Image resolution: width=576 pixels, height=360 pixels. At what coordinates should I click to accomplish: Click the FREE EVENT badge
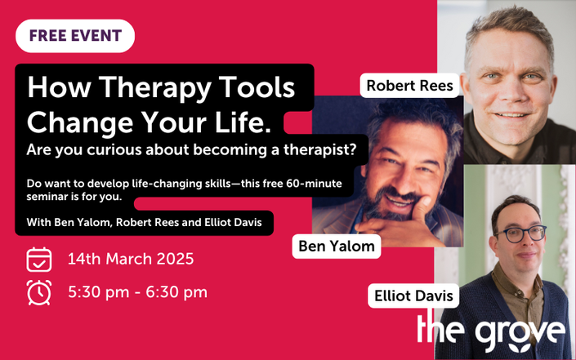[x=75, y=36]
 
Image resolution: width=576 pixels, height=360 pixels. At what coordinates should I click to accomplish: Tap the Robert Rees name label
[x=409, y=86]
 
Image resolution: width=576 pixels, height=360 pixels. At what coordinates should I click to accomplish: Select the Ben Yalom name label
[x=337, y=247]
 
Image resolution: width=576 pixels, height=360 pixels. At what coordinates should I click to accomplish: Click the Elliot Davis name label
[x=413, y=296]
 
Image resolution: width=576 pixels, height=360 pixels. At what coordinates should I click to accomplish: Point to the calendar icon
[x=39, y=260]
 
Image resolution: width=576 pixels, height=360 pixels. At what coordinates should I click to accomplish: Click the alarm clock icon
[x=39, y=292]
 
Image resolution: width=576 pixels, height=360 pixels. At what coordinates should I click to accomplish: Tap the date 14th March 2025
[x=131, y=259]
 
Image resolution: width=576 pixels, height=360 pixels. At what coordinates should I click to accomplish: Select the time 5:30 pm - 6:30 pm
[x=138, y=292]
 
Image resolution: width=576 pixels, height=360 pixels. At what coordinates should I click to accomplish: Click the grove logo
[x=491, y=331]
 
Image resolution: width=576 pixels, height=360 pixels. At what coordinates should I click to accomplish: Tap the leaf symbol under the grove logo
[x=519, y=347]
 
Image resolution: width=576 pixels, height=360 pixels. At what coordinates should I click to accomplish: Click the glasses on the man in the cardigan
[x=520, y=233]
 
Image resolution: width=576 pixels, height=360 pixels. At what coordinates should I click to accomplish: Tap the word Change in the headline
[x=80, y=123]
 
